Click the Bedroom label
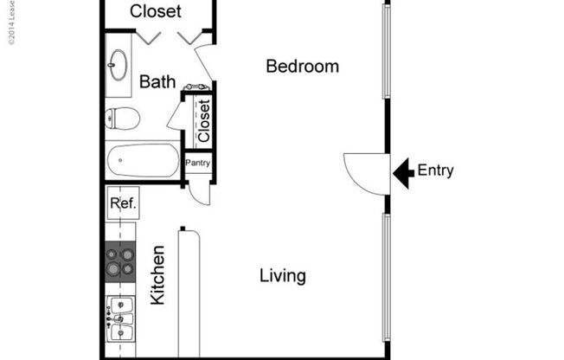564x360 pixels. click(302, 67)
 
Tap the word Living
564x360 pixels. click(283, 276)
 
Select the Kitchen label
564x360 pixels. click(158, 275)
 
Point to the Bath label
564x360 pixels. click(157, 82)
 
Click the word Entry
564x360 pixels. click(435, 170)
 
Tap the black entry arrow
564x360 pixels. click(402, 172)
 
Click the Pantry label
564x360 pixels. click(198, 163)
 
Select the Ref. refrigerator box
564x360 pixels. click(121, 203)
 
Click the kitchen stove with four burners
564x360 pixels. click(120, 261)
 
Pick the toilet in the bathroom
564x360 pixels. click(122, 119)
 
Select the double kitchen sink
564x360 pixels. click(119, 319)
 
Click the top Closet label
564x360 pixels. click(156, 11)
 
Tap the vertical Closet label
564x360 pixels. click(204, 121)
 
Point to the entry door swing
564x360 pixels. click(364, 173)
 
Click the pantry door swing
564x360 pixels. click(200, 190)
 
